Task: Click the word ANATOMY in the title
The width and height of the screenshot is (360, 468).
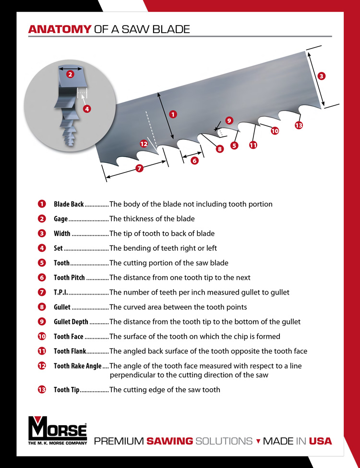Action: (59, 29)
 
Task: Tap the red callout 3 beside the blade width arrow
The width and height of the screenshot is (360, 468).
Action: (322, 75)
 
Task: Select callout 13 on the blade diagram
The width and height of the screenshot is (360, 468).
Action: (299, 125)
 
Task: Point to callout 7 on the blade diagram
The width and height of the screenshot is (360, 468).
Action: (139, 168)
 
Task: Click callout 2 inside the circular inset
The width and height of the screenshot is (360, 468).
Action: (70, 74)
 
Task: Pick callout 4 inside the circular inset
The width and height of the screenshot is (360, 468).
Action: (87, 109)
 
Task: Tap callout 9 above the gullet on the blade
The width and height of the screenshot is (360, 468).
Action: (228, 121)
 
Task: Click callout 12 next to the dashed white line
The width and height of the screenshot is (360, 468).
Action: (144, 143)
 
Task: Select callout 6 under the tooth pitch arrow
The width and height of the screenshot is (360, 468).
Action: (194, 161)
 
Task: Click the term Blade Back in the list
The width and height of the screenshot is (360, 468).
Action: (69, 204)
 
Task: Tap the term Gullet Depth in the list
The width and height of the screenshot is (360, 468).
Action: (71, 322)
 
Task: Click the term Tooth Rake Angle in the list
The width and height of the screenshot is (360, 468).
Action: (77, 366)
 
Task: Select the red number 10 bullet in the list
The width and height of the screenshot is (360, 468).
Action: (42, 336)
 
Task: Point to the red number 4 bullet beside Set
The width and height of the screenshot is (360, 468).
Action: (42, 248)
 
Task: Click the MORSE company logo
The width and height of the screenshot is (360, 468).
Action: (58, 431)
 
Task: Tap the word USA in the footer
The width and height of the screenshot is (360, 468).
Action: (320, 441)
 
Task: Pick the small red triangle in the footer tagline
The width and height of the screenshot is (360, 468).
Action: (258, 441)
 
